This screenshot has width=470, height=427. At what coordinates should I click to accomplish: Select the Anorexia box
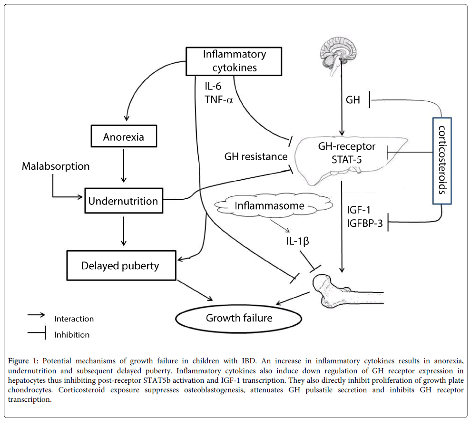123,138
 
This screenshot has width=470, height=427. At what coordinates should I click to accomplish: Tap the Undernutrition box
123,201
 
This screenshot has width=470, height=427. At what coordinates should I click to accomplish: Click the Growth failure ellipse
239,317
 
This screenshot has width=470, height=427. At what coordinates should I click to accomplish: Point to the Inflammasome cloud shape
269,206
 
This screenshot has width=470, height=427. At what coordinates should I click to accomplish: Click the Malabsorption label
56,166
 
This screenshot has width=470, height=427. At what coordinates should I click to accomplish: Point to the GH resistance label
256,156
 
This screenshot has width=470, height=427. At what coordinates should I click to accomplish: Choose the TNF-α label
218,99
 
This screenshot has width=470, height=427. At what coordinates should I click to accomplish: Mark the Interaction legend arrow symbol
36,315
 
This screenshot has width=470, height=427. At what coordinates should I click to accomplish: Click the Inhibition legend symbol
36,334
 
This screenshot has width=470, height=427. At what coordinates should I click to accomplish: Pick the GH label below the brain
353,100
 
